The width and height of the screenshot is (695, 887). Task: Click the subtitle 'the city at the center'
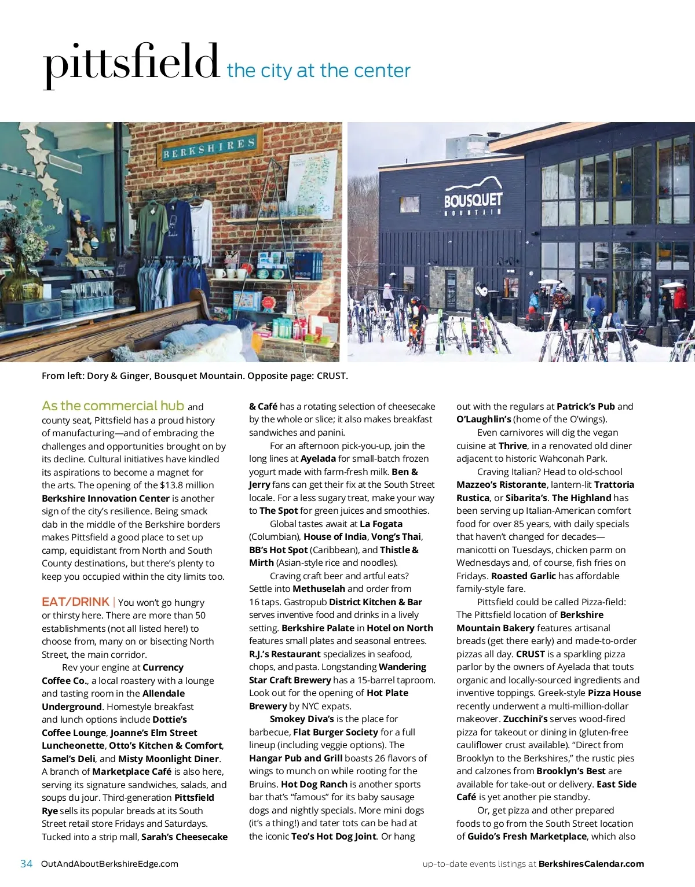319,71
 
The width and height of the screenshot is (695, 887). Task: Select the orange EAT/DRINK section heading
75,602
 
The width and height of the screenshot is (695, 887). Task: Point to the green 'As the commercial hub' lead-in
113,406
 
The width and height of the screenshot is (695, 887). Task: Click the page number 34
26,864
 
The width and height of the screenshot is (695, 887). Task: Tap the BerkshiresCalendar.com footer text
591,864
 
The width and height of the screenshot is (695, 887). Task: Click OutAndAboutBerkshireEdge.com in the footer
110,864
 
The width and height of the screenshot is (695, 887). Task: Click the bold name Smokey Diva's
302,719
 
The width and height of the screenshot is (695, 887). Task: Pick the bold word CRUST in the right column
531,654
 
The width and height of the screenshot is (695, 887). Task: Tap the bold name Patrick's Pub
586,407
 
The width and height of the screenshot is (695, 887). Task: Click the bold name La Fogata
381,524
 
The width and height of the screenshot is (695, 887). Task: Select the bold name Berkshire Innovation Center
105,499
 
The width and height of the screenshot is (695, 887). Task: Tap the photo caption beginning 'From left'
195,376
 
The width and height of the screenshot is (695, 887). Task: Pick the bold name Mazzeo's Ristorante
501,485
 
